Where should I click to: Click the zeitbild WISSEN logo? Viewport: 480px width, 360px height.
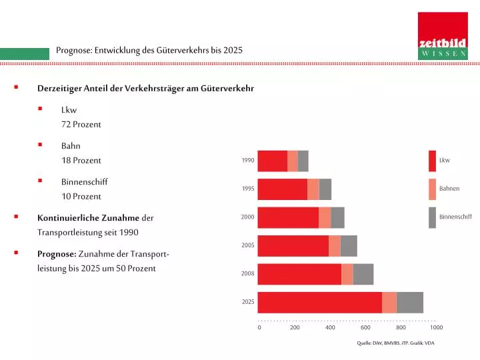[x=443, y=36]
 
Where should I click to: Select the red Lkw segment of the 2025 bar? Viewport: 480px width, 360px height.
[x=319, y=303]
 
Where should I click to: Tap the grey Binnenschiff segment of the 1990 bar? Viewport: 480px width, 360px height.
[x=303, y=161]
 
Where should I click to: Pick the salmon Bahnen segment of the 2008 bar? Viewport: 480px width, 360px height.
[x=347, y=274]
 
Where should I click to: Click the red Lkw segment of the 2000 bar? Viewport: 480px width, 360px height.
[x=288, y=217]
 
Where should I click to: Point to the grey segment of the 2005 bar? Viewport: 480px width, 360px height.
[x=349, y=246]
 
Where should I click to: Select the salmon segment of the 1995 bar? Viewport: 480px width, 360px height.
[x=313, y=189]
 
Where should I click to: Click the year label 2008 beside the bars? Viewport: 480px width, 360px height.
[x=247, y=273]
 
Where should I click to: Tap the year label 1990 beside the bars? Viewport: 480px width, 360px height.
[x=247, y=160]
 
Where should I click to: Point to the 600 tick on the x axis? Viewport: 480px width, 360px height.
[x=365, y=327]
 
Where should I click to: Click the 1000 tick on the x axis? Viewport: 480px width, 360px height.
[x=436, y=327]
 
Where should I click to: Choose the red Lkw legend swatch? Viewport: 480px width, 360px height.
[x=432, y=161]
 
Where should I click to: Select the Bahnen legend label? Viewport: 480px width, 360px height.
[x=449, y=189]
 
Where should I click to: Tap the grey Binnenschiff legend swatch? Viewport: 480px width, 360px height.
[x=432, y=217]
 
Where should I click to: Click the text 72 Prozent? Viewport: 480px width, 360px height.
[x=81, y=125]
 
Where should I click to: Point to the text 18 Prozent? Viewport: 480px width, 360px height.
[x=81, y=161]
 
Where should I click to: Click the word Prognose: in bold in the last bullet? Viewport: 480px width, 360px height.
[x=57, y=254]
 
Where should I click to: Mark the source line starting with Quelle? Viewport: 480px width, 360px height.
[x=395, y=343]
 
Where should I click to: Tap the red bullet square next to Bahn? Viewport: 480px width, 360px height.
[x=40, y=145]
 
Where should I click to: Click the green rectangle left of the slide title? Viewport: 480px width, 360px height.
[x=25, y=54]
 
